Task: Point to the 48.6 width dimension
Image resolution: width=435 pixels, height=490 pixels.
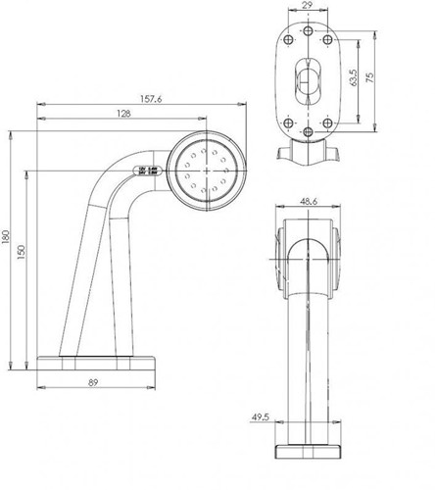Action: pyautogui.click(x=309, y=203)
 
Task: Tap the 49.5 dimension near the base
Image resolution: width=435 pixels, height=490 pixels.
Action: pyautogui.click(x=260, y=417)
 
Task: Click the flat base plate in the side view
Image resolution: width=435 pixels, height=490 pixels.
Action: pyautogui.click(x=96, y=362)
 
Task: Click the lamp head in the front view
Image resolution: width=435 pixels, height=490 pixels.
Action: pyautogui.click(x=309, y=253)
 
